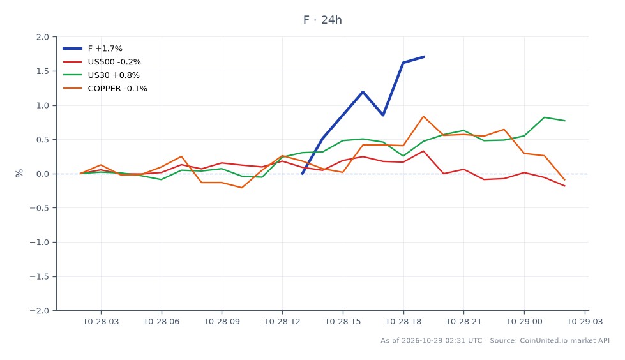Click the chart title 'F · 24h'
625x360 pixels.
(x=322, y=20)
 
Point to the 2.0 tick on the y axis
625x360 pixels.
(x=43, y=37)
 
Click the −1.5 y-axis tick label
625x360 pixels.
(x=40, y=276)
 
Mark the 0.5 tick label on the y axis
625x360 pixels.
(x=43, y=140)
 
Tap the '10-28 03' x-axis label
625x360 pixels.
(x=101, y=321)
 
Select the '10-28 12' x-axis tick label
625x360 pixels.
(x=282, y=321)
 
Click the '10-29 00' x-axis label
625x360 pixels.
(x=524, y=321)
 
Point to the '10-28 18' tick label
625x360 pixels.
(x=403, y=321)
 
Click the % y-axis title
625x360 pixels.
(x=19, y=174)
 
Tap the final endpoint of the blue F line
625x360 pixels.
(x=424, y=57)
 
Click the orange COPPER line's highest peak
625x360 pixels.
(x=423, y=116)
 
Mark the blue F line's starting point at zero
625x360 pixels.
(x=302, y=174)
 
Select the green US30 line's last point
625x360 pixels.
(x=564, y=121)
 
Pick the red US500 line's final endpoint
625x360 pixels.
(x=564, y=186)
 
